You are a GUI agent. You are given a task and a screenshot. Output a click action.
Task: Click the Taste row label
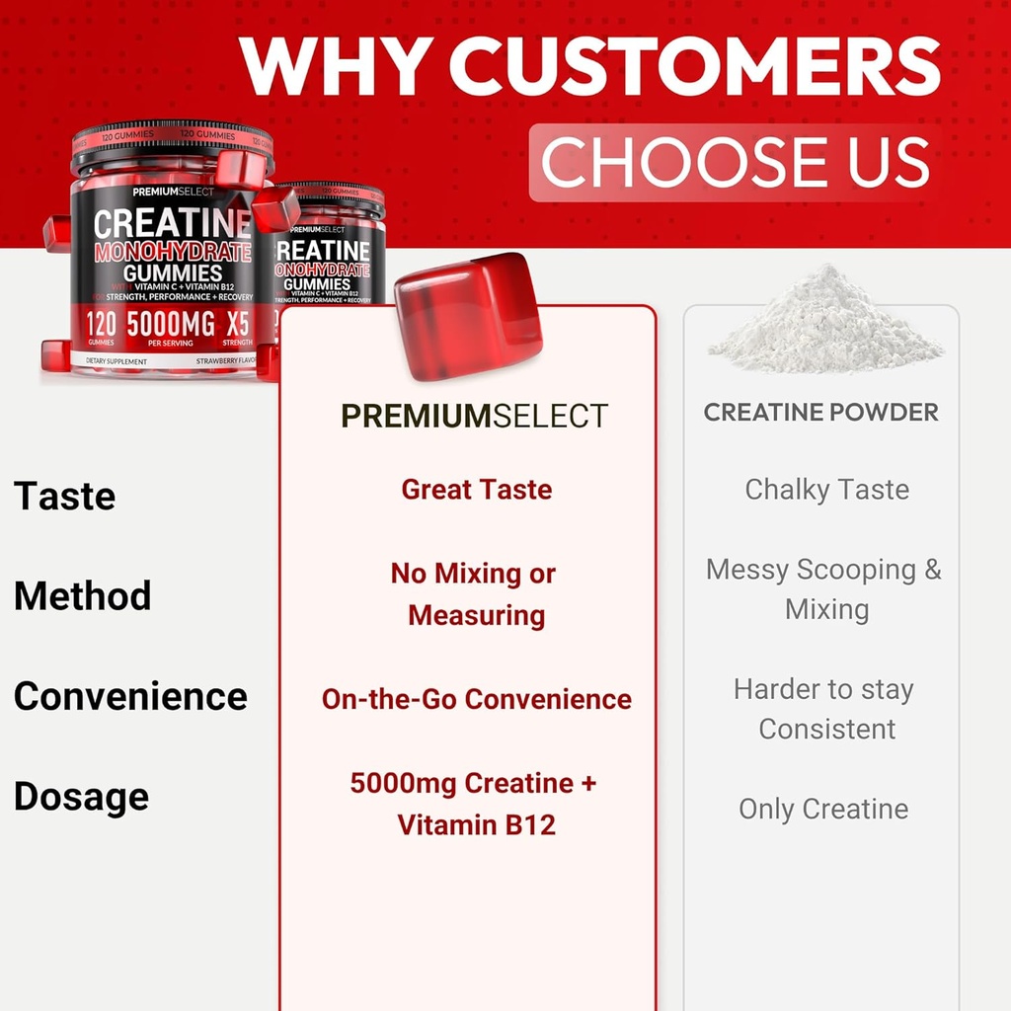tap(64, 496)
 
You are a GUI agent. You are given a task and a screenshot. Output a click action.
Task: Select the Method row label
tap(82, 596)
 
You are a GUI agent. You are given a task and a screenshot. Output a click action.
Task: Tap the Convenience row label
tap(130, 696)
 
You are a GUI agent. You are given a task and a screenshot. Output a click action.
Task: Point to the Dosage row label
tap(81, 796)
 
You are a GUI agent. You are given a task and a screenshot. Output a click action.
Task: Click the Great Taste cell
tap(476, 490)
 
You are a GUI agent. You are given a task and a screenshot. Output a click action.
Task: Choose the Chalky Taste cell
tap(826, 490)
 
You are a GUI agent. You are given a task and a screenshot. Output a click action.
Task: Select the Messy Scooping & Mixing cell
tap(824, 589)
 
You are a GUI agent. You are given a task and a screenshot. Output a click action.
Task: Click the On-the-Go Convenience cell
tap(476, 699)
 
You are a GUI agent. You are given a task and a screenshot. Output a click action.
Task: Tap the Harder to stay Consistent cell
tap(824, 709)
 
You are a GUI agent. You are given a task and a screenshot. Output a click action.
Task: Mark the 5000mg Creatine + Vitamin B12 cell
tap(474, 804)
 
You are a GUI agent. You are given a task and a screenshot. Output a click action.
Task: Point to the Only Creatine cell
tap(823, 809)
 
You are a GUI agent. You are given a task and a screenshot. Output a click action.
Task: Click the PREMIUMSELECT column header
tap(474, 416)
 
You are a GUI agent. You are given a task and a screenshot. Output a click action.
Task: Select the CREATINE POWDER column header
tap(820, 413)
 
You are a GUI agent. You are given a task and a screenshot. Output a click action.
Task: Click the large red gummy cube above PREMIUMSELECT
tap(467, 316)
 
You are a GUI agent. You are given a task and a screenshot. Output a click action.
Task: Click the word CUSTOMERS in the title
tap(695, 66)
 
